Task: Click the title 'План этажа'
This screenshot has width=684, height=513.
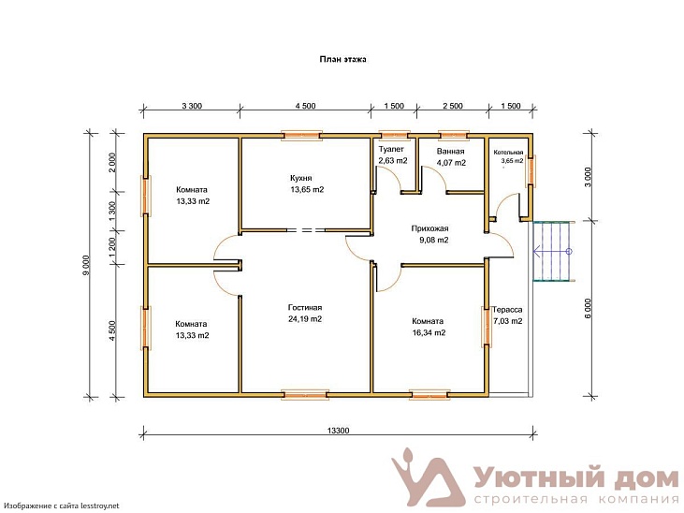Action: (342, 59)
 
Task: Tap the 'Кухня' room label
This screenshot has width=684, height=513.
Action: (301, 178)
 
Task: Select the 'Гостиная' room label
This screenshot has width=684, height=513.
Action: (305, 307)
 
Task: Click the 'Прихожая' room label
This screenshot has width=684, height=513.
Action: (429, 228)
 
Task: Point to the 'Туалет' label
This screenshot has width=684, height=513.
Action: (391, 150)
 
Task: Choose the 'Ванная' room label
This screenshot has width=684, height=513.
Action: (451, 152)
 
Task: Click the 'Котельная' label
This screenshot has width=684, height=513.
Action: (508, 153)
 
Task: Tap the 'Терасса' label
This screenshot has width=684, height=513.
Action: (507, 310)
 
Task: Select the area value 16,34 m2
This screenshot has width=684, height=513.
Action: (429, 332)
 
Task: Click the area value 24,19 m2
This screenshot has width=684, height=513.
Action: (305, 319)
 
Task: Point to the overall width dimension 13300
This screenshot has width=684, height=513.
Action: (338, 431)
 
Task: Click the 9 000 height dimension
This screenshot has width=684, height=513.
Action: (86, 265)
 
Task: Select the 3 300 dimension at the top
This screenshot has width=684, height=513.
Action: (192, 106)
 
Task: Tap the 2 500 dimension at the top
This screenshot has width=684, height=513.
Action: (453, 106)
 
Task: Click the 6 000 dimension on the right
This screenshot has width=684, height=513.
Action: (588, 308)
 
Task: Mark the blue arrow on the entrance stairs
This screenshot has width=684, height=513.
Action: (552, 252)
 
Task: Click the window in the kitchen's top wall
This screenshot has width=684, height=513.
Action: (301, 136)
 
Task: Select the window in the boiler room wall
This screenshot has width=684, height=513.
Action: (531, 170)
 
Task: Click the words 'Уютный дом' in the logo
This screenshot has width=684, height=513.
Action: (576, 478)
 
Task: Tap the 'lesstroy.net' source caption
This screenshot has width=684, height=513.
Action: (100, 506)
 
